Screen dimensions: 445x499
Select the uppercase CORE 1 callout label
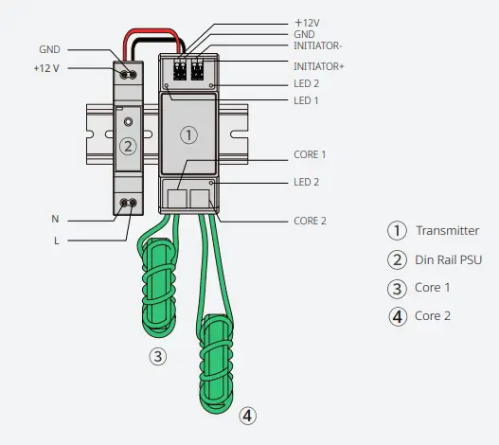[311, 153]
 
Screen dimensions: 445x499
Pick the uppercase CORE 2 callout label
[311, 221]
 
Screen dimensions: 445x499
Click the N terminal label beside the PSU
[55, 218]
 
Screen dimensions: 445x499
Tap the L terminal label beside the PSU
[55, 240]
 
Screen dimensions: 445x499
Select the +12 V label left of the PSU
[47, 69]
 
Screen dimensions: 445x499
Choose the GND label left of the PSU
[50, 48]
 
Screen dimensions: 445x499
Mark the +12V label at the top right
[309, 20]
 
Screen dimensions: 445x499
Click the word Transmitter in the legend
[447, 230]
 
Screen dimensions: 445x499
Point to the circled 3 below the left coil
[159, 356]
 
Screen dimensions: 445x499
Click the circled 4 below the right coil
[246, 415]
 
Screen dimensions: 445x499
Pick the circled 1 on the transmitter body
[188, 134]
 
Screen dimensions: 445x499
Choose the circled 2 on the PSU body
[129, 146]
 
